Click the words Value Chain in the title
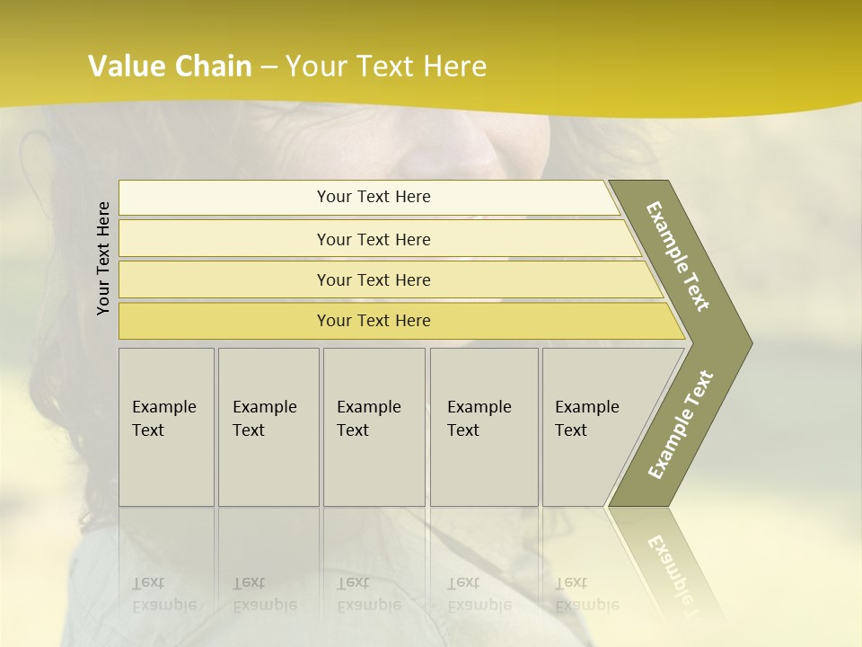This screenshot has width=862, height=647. click(170, 66)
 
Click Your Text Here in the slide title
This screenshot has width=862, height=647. click(386, 66)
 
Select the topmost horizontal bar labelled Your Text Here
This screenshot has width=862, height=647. click(374, 197)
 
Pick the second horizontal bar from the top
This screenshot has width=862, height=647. click(374, 239)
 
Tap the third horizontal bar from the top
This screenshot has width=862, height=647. click(374, 279)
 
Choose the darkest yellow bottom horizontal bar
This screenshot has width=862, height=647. click(374, 321)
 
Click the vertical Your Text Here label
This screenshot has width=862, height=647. click(103, 258)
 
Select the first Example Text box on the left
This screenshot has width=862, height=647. click(166, 426)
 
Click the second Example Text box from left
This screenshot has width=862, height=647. click(268, 426)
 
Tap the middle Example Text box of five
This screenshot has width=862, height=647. click(373, 426)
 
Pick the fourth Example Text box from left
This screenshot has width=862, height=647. click(483, 426)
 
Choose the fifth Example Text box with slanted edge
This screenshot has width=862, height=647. click(593, 426)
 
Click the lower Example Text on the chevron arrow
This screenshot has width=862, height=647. click(681, 424)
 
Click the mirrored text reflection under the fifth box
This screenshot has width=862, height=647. click(587, 594)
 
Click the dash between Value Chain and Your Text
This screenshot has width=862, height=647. click(268, 67)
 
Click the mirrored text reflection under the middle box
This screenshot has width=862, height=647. click(369, 594)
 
